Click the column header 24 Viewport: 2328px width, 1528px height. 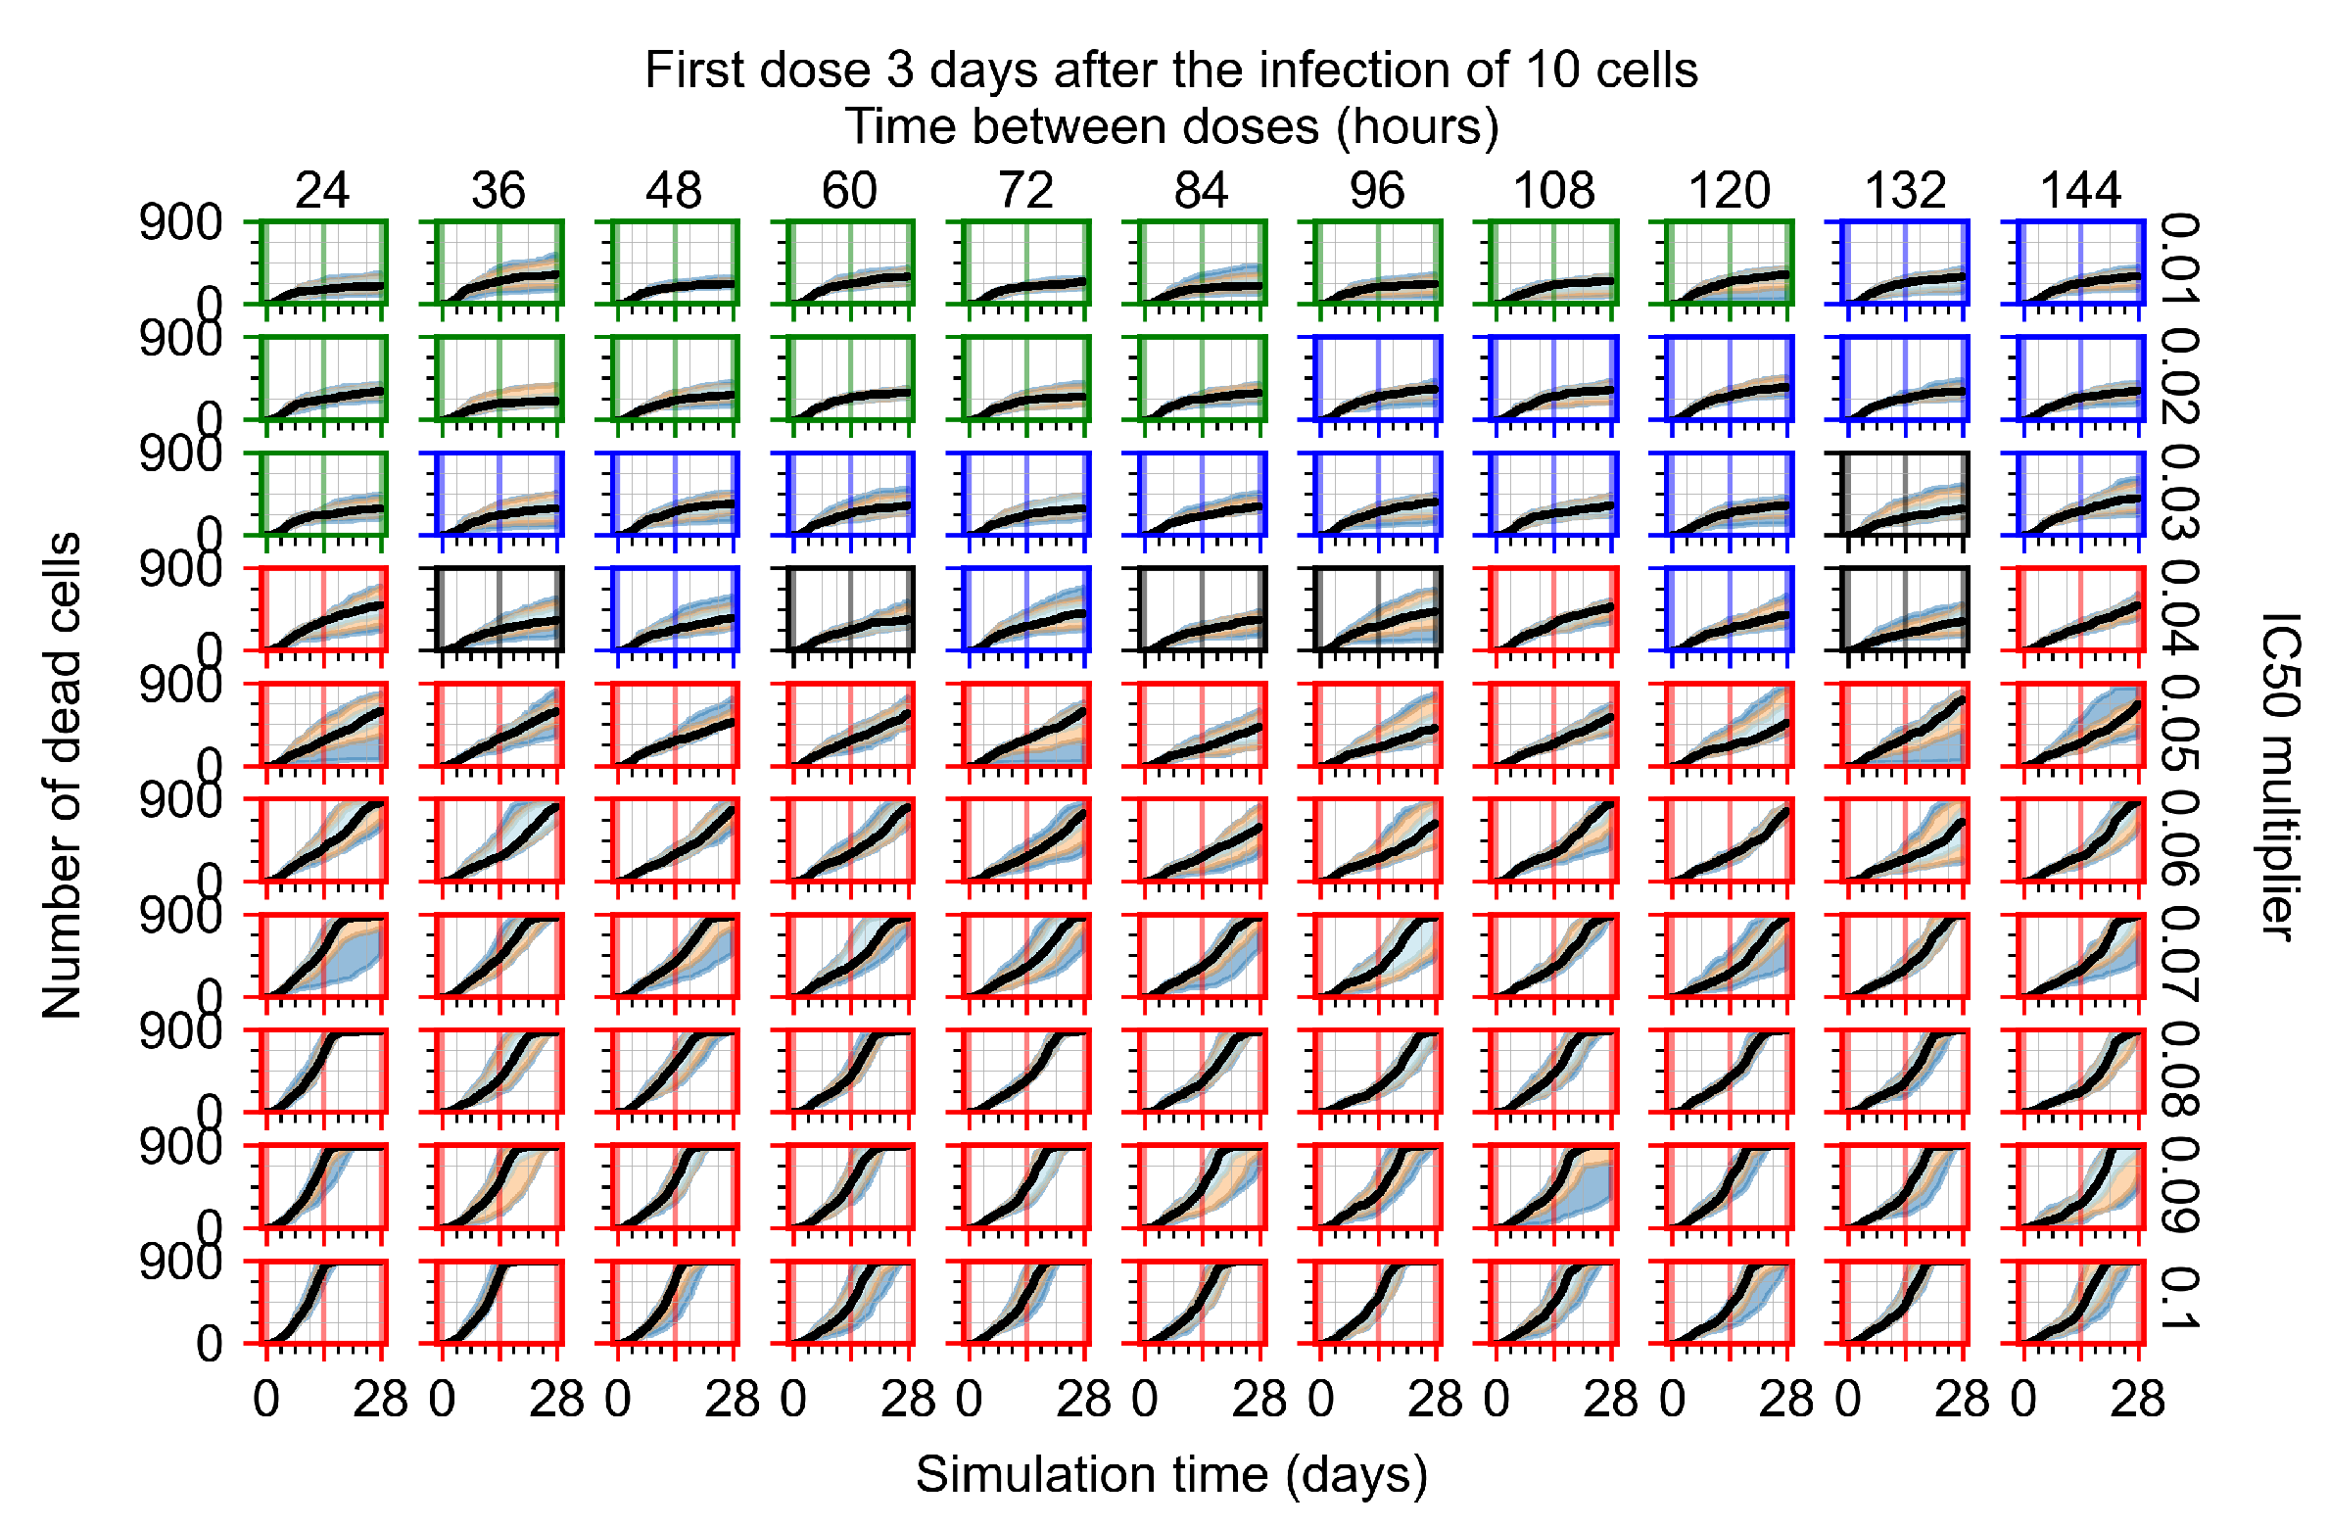tap(322, 190)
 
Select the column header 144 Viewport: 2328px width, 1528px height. tap(2080, 190)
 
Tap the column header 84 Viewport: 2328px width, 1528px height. tap(1201, 190)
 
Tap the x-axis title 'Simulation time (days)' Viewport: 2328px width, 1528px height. tap(1171, 1475)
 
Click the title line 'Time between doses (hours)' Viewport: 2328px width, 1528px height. tap(1171, 127)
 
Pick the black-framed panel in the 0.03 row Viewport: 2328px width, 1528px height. tap(1905, 494)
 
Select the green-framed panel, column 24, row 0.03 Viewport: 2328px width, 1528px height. tap(323, 494)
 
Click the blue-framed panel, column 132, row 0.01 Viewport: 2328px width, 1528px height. tap(1905, 263)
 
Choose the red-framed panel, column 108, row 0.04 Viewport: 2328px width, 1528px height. tap(1553, 609)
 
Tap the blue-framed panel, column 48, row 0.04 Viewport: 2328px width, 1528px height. tap(675, 609)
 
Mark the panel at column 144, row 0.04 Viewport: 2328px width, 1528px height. tap(2080, 609)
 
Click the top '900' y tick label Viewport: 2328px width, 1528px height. tap(181, 223)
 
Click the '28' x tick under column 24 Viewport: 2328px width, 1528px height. tap(380, 1401)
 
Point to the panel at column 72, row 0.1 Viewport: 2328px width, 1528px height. tap(1026, 1303)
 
